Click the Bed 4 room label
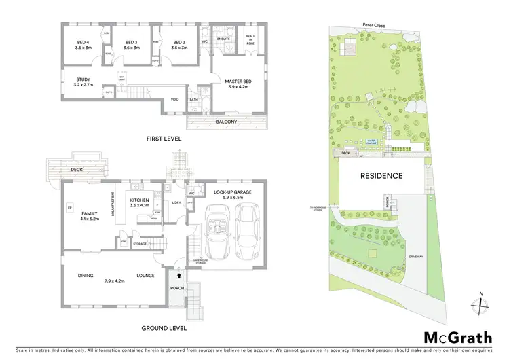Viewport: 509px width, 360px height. click(x=83, y=45)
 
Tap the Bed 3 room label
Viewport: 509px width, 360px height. click(x=131, y=45)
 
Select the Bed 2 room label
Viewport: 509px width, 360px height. click(x=178, y=45)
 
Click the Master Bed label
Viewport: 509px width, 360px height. click(x=238, y=84)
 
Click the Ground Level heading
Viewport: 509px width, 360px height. click(x=164, y=328)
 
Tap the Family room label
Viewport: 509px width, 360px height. click(x=90, y=216)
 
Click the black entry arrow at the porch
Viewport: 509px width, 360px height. click(x=178, y=276)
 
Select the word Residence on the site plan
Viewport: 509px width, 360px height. click(x=381, y=176)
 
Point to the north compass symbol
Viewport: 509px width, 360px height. click(x=480, y=303)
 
